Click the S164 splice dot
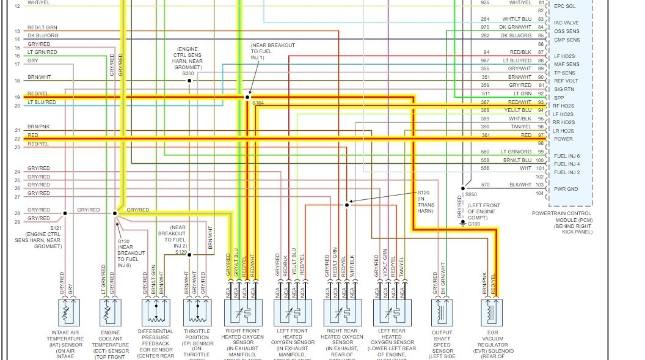(247, 97)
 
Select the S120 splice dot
(347, 205)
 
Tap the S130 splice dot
(115, 213)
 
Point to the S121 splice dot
(64, 213)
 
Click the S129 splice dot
(189, 255)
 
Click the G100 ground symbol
(462, 223)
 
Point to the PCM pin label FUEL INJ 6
(567, 156)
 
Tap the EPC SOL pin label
(564, 6)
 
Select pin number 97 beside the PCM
(541, 135)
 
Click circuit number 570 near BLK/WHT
(485, 185)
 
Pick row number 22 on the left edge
(17, 139)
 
